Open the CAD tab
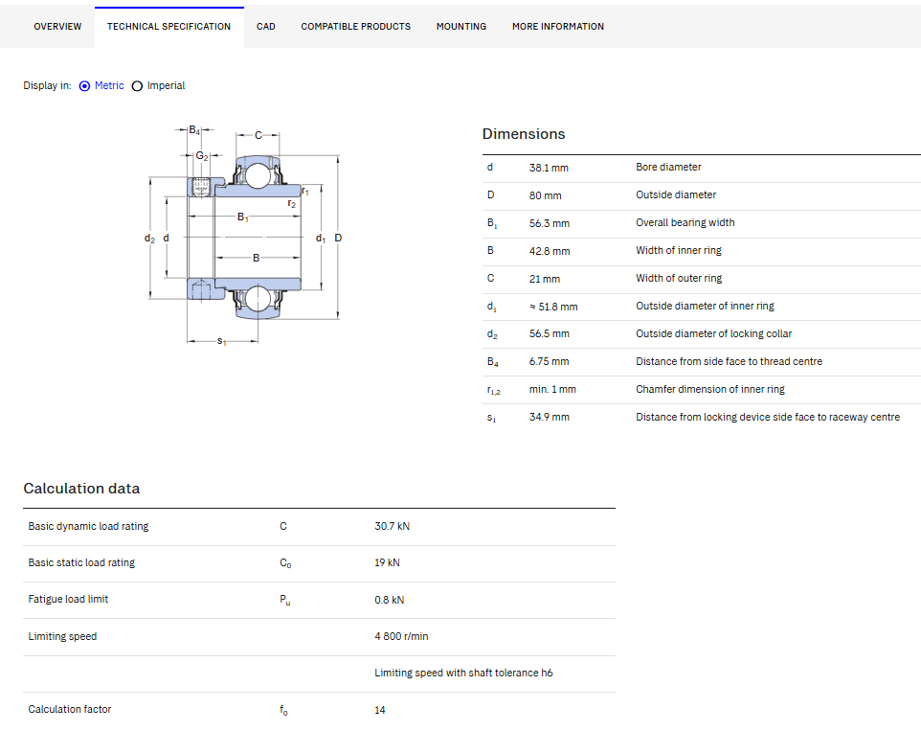(x=265, y=27)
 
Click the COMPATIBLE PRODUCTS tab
(x=355, y=27)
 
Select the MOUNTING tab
(x=461, y=27)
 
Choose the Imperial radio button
(x=137, y=86)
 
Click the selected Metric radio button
(x=84, y=86)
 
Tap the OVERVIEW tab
(x=57, y=27)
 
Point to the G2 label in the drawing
(x=202, y=156)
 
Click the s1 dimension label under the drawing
(x=221, y=341)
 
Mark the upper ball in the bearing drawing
(x=258, y=175)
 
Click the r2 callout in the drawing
(x=291, y=203)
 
